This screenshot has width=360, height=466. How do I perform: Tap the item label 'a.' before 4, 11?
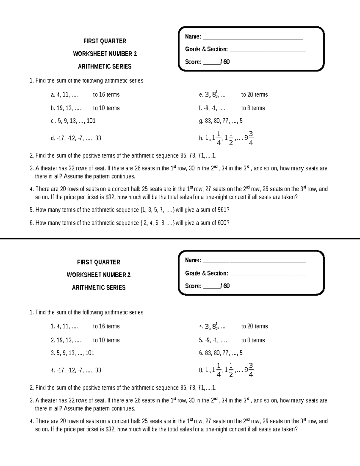point(53,95)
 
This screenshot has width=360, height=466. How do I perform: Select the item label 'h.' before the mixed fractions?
point(201,138)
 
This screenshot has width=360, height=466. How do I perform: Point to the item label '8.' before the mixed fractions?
point(201,370)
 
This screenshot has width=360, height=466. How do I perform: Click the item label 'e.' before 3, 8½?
point(201,95)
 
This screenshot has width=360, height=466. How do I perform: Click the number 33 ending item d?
point(98,138)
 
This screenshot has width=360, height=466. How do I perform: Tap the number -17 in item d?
point(60,138)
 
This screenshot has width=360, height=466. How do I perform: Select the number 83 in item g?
point(208,121)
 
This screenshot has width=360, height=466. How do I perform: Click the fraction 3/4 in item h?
point(251,138)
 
